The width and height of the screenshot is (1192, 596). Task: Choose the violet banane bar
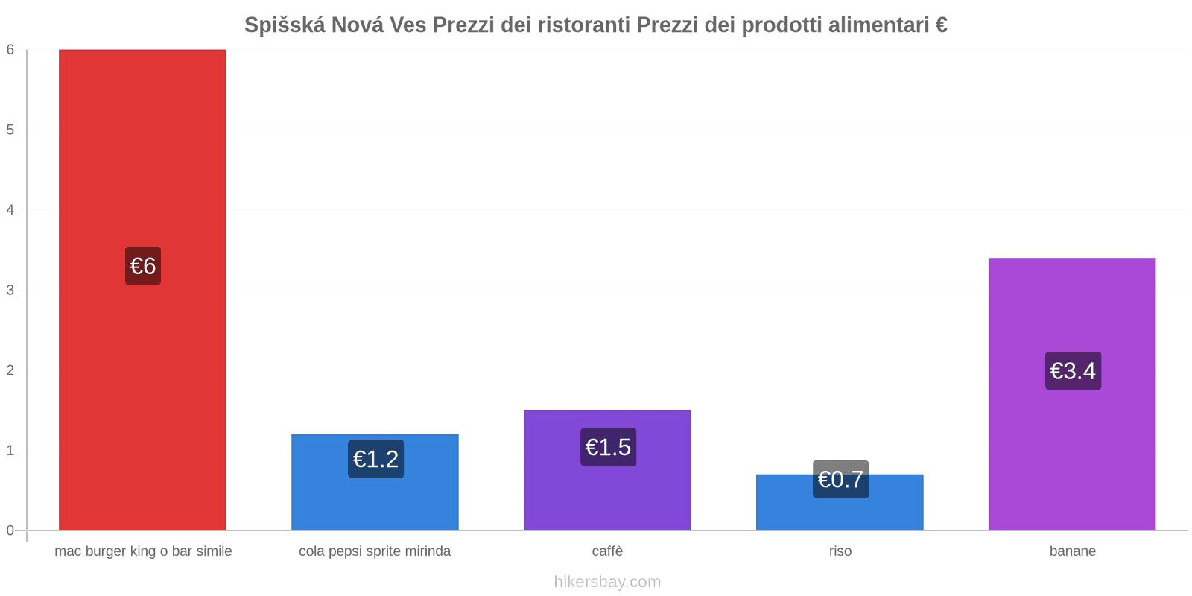(1072, 447)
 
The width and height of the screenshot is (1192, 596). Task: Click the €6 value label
(142, 266)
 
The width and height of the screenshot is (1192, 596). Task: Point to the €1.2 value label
(375, 459)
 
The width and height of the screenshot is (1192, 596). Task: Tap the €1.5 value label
(608, 447)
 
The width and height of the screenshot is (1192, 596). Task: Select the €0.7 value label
(840, 479)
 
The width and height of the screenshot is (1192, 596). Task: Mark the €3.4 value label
(1073, 370)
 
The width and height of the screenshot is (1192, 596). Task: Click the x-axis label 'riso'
(840, 551)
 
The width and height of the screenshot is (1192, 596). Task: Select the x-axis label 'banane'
(1072, 551)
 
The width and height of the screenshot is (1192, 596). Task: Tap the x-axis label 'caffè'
(607, 551)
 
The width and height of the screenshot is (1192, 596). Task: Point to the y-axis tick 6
(10, 50)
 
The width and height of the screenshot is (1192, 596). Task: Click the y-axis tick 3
(10, 290)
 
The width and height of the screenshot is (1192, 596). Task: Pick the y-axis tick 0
(10, 530)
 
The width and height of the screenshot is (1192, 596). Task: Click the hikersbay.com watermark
(607, 582)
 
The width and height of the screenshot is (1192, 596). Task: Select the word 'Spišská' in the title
(285, 25)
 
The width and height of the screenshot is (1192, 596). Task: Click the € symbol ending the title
(941, 25)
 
